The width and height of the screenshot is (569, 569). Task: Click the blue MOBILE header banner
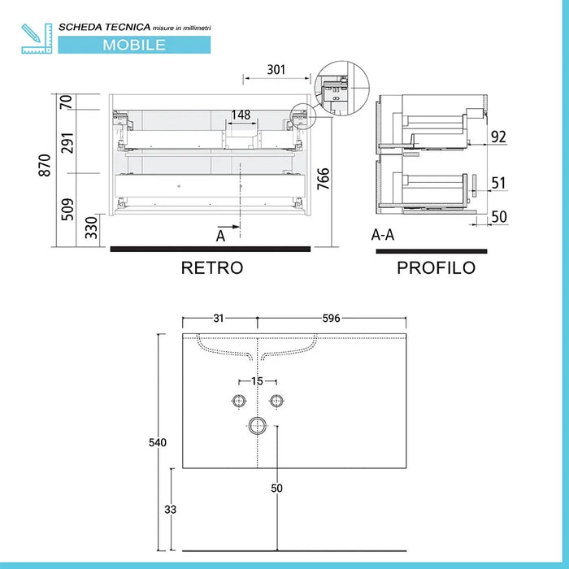134,45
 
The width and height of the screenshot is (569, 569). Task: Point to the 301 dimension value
276,69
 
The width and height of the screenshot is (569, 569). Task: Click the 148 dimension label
241,115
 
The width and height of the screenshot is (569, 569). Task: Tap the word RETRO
212,267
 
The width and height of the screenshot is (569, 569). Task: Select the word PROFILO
436,267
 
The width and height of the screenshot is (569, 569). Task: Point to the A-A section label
384,236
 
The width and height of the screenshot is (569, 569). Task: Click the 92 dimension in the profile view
497,136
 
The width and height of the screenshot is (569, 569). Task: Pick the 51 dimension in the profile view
497,183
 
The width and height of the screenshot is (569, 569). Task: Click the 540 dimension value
157,443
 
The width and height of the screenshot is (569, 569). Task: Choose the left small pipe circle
239,401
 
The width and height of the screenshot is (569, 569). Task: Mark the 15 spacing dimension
258,381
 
